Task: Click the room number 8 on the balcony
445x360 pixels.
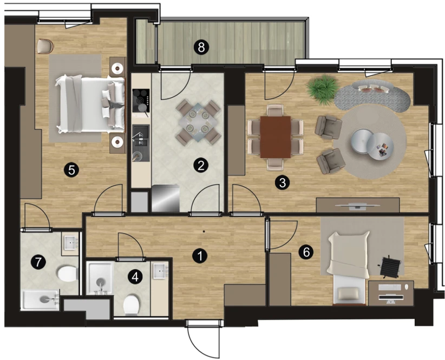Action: coord(201,48)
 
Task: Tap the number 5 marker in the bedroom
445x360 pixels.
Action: coord(71,170)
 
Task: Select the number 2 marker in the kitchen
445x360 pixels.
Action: coord(201,166)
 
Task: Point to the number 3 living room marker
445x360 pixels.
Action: coord(283,182)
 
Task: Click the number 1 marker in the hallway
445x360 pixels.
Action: coord(200,256)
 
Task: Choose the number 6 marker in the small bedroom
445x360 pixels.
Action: coord(306,252)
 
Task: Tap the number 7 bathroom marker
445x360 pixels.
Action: coord(38,261)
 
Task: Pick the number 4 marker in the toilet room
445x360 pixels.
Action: coord(135,277)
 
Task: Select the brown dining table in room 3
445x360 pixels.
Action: coord(276,137)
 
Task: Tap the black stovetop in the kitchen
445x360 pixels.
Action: coord(141,101)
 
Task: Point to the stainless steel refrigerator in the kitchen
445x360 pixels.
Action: coord(166,198)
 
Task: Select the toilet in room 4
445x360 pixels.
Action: coord(132,305)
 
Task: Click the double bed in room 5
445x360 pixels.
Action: coord(90,104)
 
